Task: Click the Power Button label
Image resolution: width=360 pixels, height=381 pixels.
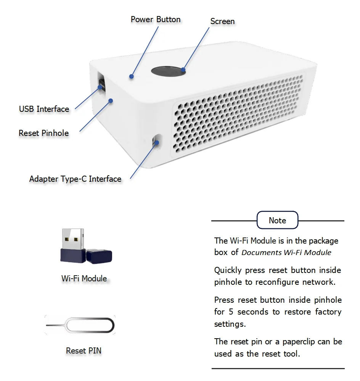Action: click(156, 19)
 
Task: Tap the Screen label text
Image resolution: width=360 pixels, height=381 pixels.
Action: click(222, 21)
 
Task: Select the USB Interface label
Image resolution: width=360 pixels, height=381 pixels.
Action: click(44, 109)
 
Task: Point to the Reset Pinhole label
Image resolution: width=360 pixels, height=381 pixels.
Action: click(44, 133)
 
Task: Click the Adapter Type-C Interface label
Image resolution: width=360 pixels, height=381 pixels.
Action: click(75, 179)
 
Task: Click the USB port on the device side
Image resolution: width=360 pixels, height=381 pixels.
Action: click(101, 83)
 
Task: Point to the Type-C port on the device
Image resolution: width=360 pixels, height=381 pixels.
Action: click(156, 141)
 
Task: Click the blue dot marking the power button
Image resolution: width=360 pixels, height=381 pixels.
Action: click(131, 76)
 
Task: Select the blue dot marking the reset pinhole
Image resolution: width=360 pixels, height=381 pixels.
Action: click(111, 101)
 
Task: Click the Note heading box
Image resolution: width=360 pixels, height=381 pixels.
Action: click(277, 220)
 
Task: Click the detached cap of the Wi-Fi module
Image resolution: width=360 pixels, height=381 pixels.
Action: click(99, 256)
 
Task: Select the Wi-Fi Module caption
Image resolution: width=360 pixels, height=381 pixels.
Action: click(84, 279)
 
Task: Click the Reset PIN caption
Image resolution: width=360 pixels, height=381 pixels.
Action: click(84, 350)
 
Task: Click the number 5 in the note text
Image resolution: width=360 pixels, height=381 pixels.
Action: click(231, 312)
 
